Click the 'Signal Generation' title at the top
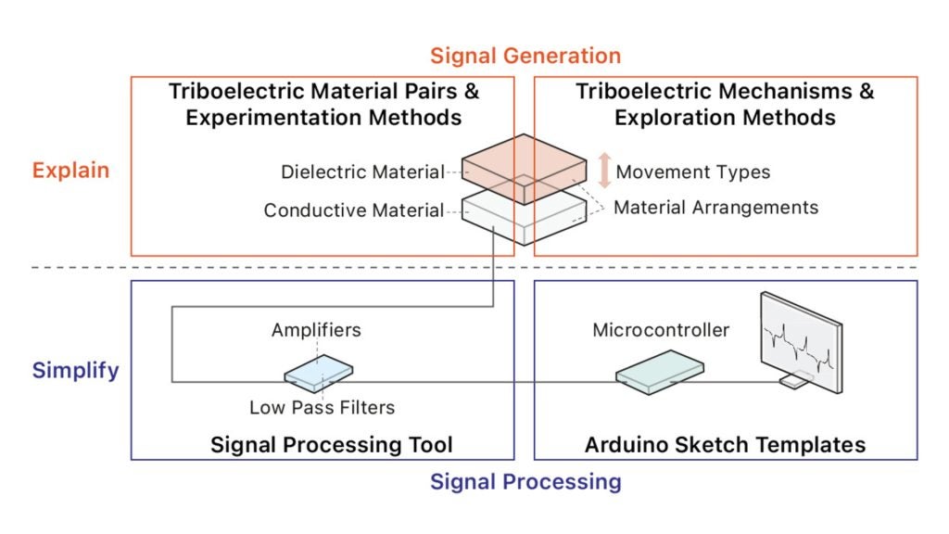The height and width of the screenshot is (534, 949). pos(525,56)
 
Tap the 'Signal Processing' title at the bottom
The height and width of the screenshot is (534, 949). pos(525,482)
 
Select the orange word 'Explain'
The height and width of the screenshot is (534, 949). pos(70,171)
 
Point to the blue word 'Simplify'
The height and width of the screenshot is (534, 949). pos(76,370)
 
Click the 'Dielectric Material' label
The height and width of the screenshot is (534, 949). pos(362,172)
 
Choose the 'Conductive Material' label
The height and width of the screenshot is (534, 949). pos(354,210)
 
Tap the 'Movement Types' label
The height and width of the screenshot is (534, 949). pos(693,172)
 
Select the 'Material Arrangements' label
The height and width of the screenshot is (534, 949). pos(716,207)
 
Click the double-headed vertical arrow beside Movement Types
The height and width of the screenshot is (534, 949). pos(604,171)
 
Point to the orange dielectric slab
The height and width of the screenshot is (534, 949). pos(525,169)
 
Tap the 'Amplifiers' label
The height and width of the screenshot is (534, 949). pos(316,330)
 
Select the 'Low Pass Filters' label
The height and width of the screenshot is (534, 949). pos(322,408)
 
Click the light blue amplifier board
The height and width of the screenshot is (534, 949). pos(319,374)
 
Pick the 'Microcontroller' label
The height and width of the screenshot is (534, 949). pos(661,330)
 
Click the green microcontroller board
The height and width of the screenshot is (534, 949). pos(660,373)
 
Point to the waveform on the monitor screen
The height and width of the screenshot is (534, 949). pos(799,350)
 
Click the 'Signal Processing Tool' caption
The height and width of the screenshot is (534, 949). pos(332,445)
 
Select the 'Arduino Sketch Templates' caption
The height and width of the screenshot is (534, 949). pos(725,445)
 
